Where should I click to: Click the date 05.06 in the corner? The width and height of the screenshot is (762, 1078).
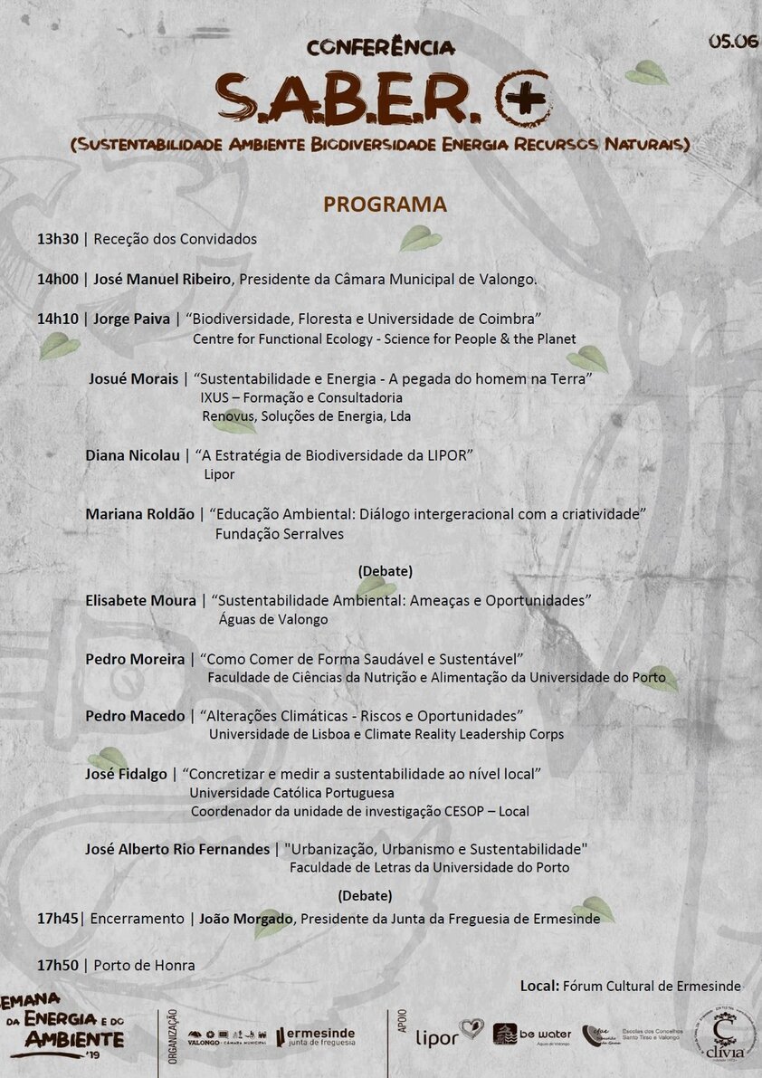click(732, 41)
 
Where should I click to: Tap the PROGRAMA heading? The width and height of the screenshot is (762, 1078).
click(385, 205)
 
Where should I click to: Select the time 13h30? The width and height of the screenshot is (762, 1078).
click(58, 239)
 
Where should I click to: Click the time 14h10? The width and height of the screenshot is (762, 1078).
click(58, 319)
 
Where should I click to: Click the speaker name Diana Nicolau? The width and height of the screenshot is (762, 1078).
click(132, 455)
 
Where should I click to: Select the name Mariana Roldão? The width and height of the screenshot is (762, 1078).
click(139, 514)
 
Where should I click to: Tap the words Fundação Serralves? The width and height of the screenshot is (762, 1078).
click(279, 534)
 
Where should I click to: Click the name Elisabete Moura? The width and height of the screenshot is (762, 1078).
click(140, 600)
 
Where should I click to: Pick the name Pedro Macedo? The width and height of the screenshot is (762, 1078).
click(135, 716)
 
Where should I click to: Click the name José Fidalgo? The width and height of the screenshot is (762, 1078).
click(126, 774)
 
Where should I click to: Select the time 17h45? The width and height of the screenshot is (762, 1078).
click(58, 918)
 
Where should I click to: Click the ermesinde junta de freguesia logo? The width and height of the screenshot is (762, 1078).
click(316, 1036)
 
